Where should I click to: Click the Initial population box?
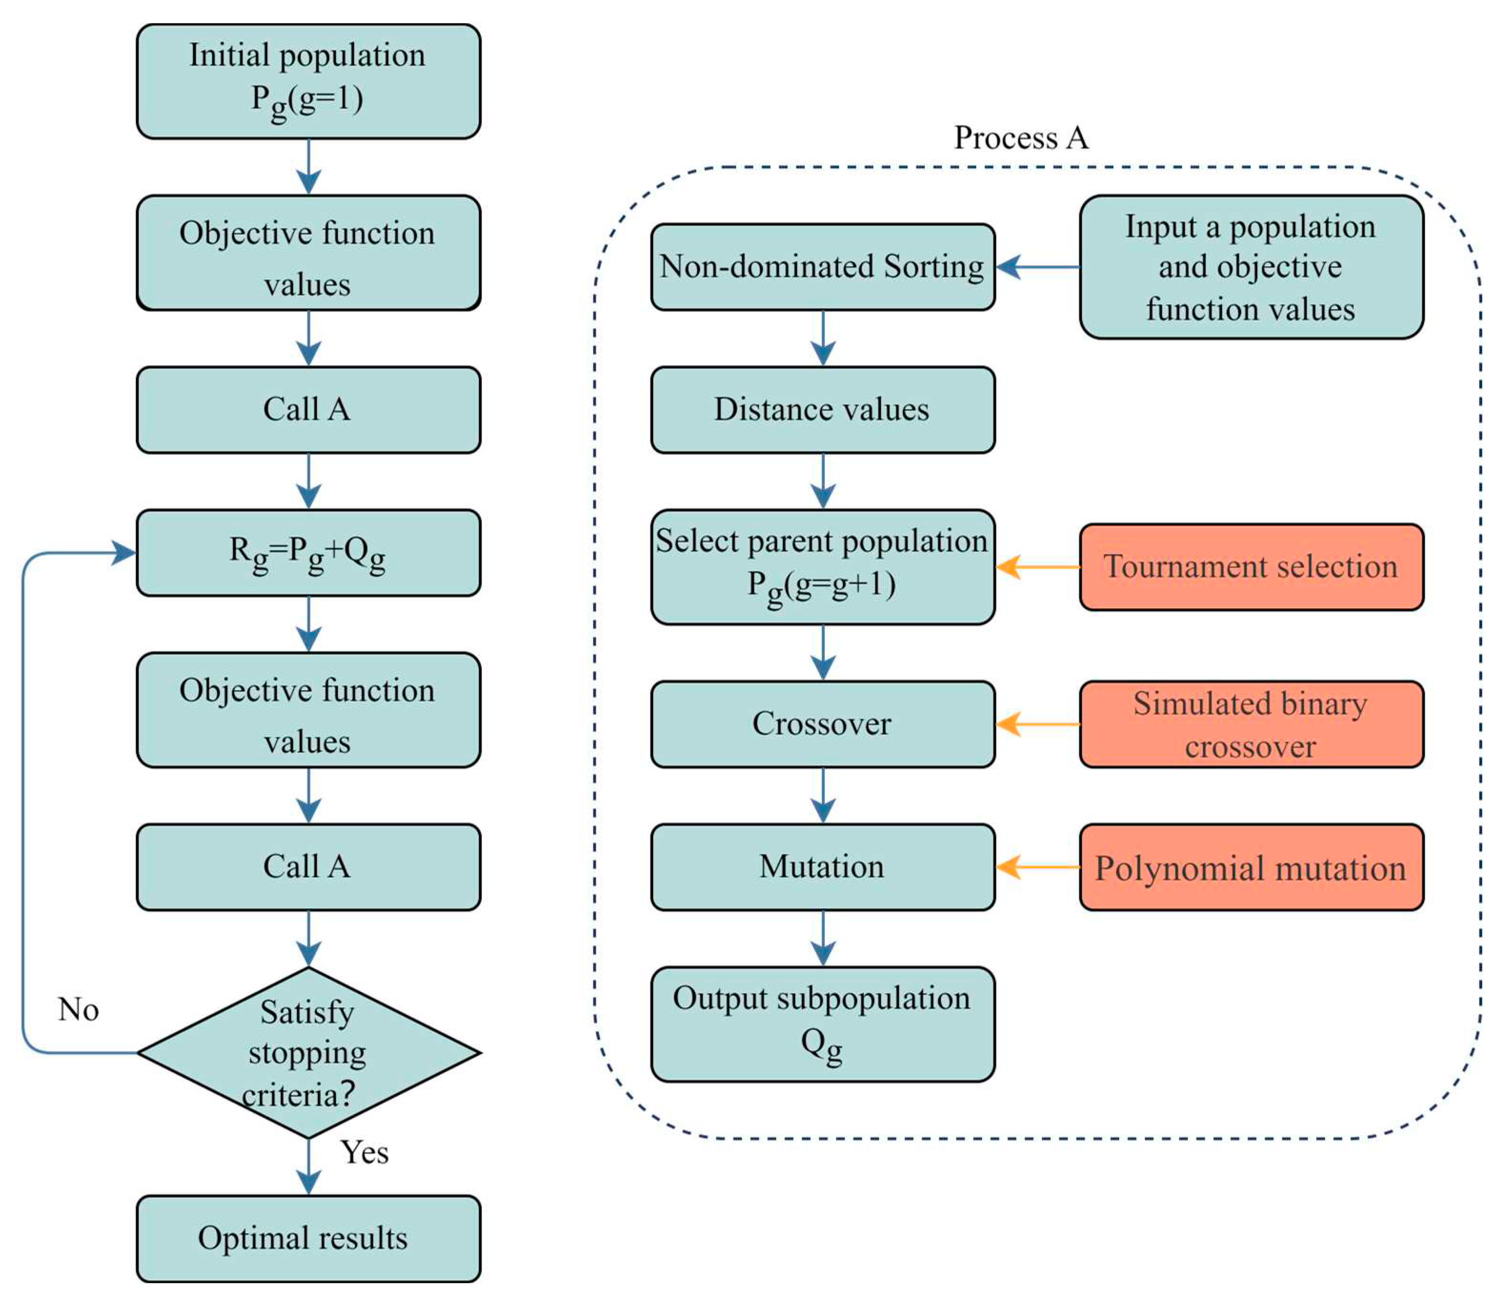click(308, 81)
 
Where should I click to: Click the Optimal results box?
click(308, 1238)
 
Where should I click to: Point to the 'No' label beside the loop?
click(78, 1010)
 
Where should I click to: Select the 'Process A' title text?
click(1020, 138)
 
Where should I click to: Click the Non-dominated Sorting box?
click(823, 267)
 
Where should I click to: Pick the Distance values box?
click(823, 410)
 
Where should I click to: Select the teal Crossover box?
click(823, 724)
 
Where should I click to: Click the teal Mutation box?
click(823, 867)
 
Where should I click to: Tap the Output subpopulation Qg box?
click(823, 1024)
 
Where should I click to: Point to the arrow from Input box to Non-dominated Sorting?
click(1038, 267)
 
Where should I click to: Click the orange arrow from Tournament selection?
click(1038, 566)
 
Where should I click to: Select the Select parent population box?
click(823, 566)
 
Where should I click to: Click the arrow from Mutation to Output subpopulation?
click(823, 938)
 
